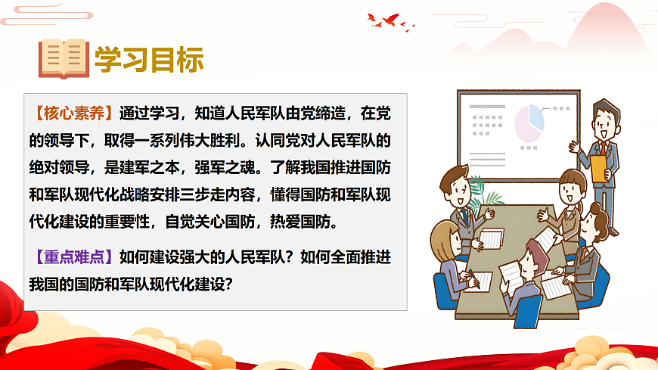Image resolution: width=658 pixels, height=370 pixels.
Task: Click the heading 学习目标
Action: pos(149,59)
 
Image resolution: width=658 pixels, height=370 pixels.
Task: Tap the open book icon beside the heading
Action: pos(64,58)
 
